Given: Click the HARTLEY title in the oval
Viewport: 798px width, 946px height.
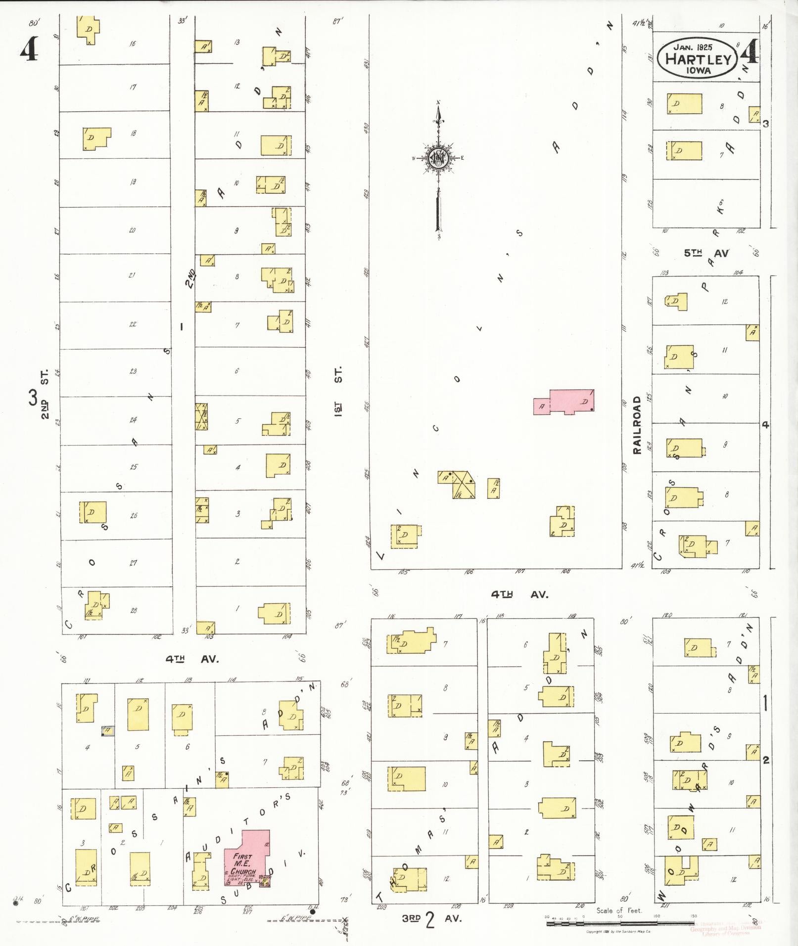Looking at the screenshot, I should (698, 59).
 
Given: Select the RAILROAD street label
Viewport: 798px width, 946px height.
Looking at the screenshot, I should (637, 425).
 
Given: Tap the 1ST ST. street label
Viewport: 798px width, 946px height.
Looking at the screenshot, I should (338, 391).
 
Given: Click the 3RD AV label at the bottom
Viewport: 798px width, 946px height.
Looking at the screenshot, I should (431, 919).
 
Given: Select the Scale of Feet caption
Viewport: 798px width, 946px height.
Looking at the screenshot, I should (618, 910).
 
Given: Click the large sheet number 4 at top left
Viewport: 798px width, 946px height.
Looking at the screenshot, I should (29, 49).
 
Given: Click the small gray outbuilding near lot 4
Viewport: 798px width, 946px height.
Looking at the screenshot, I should (107, 730).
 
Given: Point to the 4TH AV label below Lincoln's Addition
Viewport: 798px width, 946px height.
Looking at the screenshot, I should (519, 595).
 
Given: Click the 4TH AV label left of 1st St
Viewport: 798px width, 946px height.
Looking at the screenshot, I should (192, 659).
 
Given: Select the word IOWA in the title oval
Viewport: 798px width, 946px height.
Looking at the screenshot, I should (698, 70).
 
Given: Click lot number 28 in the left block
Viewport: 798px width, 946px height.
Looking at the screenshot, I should (134, 611).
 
